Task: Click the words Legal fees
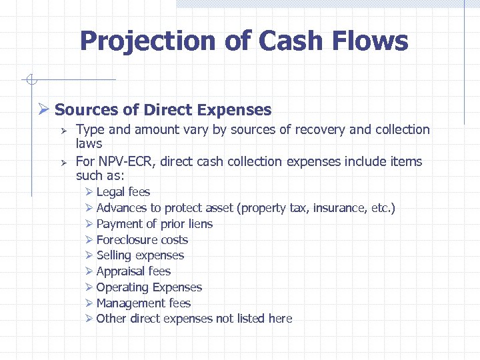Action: click(x=123, y=192)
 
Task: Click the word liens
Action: click(x=200, y=224)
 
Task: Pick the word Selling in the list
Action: click(x=114, y=255)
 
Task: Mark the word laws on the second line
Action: click(x=89, y=143)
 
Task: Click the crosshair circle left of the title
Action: click(x=30, y=80)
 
